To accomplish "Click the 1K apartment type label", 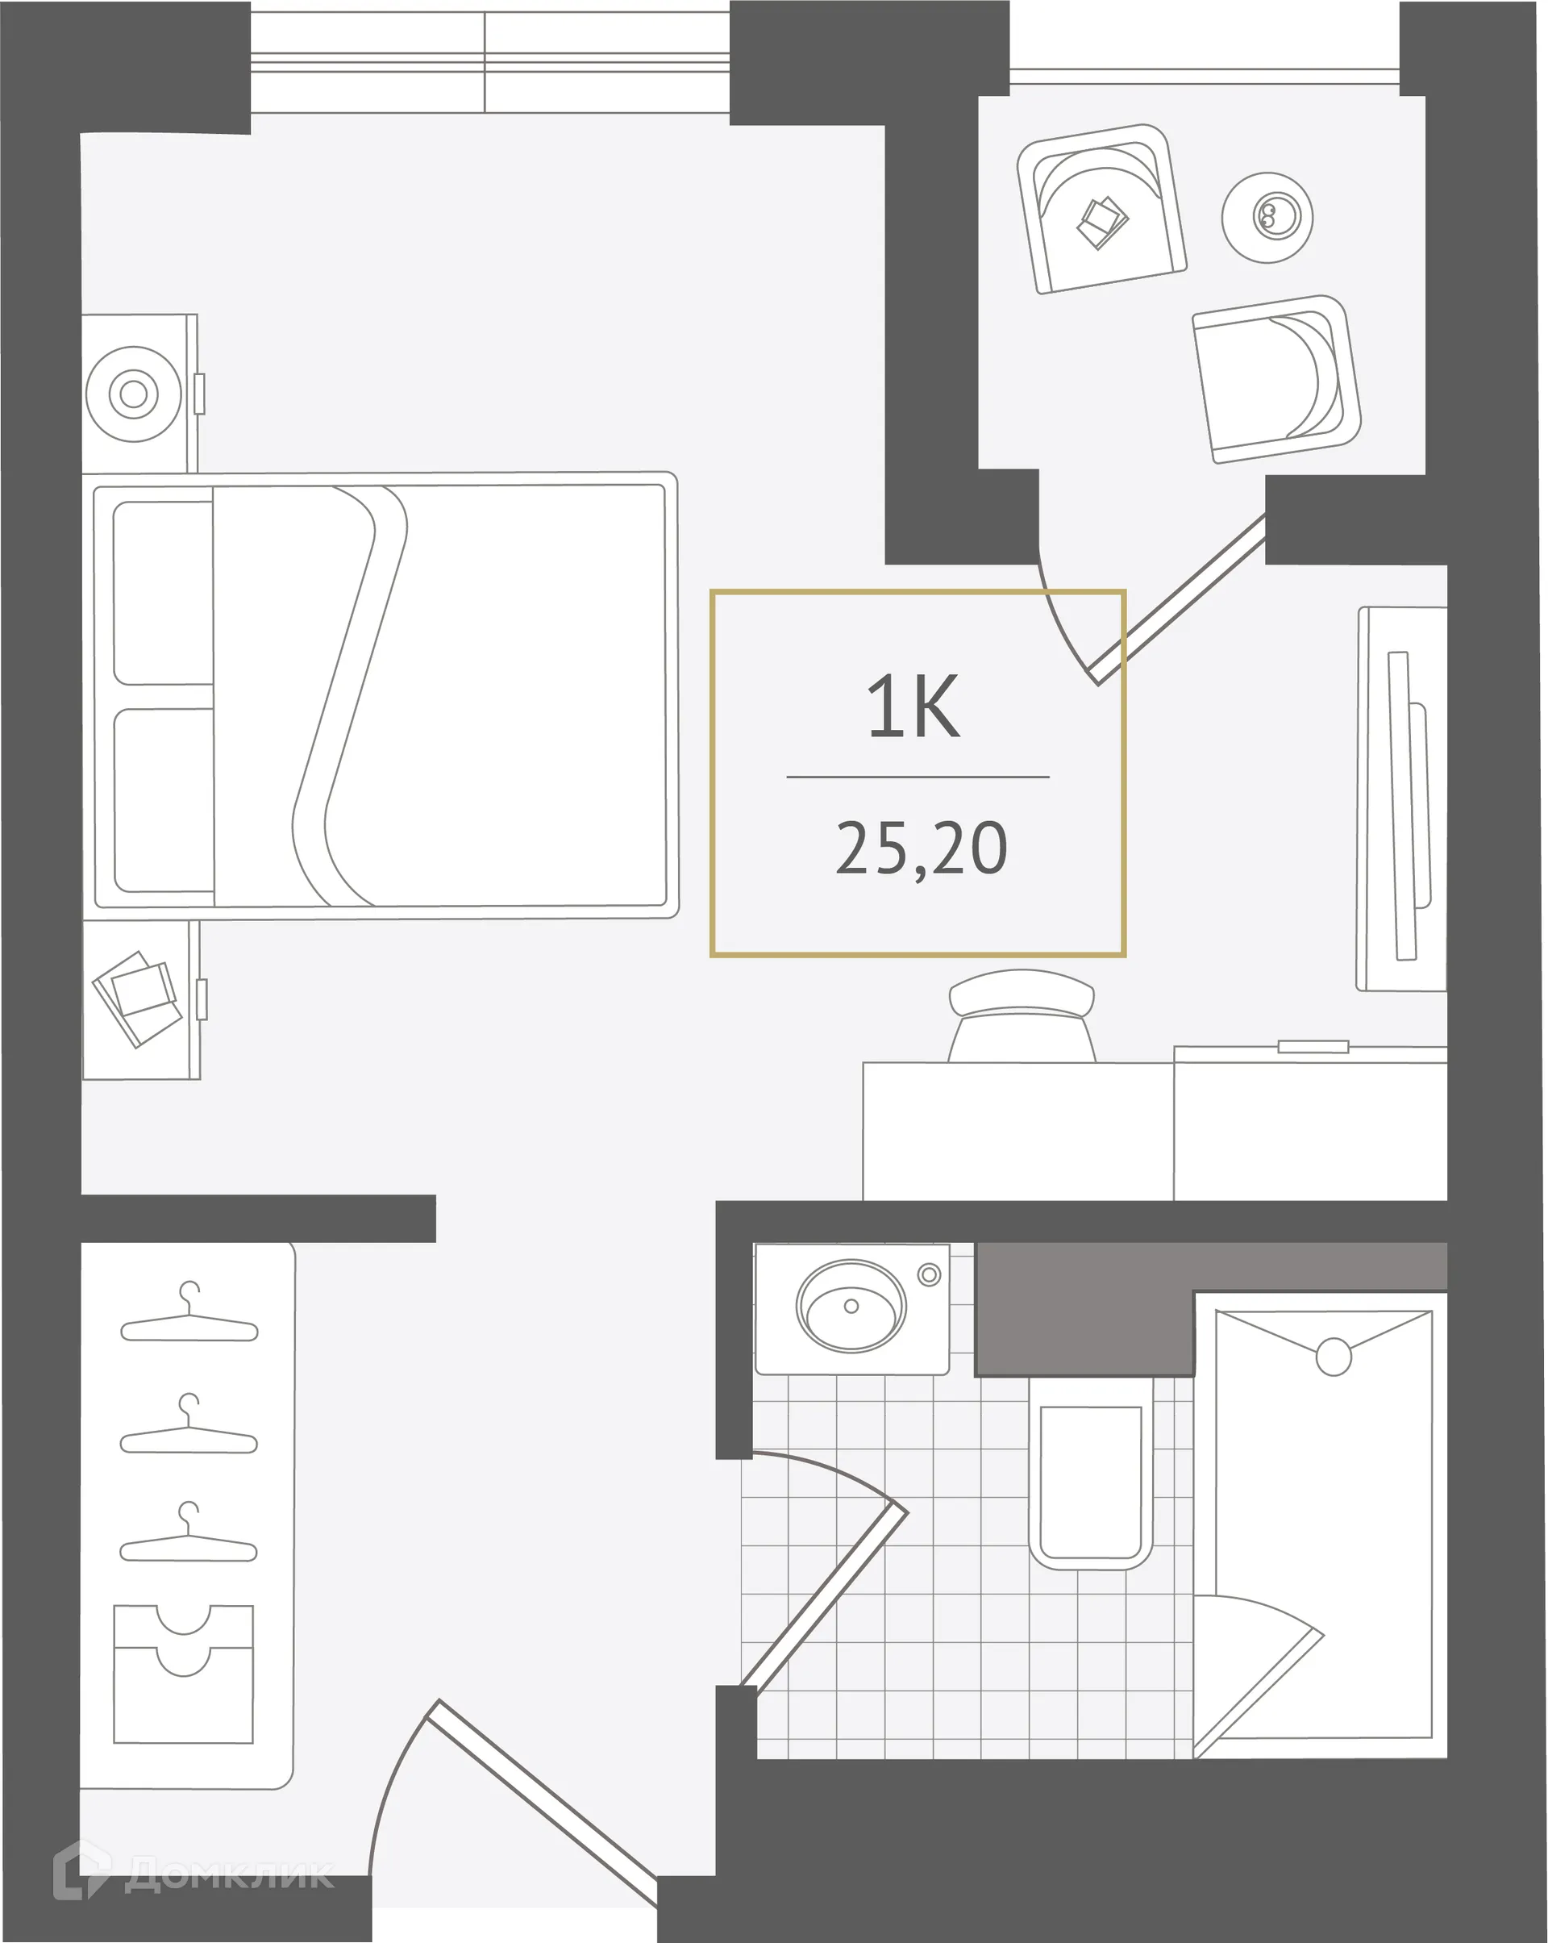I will tap(913, 707).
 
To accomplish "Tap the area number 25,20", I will tap(921, 849).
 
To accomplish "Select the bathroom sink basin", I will tap(851, 1307).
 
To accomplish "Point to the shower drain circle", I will tap(1333, 1357).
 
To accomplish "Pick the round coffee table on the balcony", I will tap(1267, 217).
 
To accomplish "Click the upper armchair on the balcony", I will tap(1101, 209).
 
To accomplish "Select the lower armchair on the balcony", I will tap(1275, 378).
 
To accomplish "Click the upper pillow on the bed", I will tap(163, 592).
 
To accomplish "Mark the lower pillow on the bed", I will tap(164, 800).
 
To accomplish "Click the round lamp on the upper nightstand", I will tap(133, 394).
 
